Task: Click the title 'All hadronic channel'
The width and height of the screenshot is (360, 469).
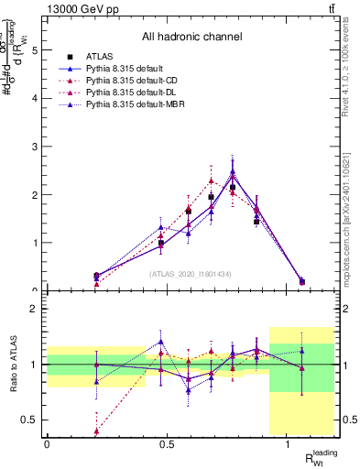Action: pos(191,38)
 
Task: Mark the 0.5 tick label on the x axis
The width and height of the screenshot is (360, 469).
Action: pos(167,444)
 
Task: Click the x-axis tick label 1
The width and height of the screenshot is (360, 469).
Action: pos(289,444)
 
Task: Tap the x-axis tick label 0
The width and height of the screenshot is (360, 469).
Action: pos(47,444)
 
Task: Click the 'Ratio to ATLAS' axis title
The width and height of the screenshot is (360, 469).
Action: pos(12,365)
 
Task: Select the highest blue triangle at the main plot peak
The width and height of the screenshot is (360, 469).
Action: pos(233,171)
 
